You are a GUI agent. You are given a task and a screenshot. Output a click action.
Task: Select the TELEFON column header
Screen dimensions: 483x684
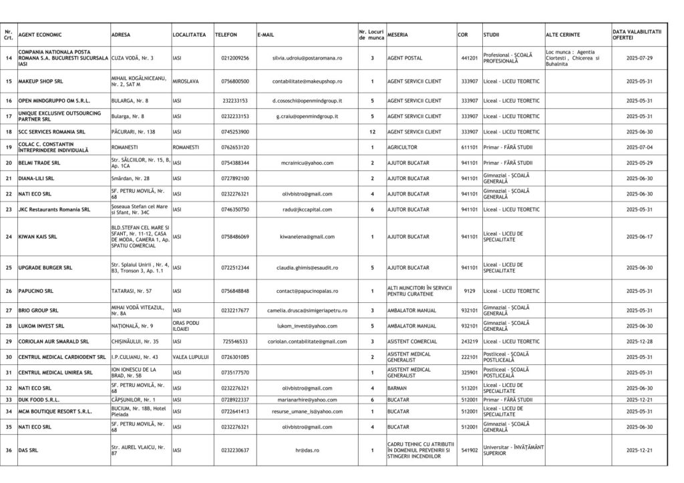pyautogui.click(x=226, y=34)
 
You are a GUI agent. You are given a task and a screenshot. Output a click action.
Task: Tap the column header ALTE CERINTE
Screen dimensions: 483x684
pyautogui.click(x=562, y=34)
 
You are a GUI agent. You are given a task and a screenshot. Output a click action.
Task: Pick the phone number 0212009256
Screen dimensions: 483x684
pyautogui.click(x=235, y=58)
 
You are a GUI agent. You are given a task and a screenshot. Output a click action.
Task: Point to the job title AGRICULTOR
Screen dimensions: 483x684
pyautogui.click(x=402, y=147)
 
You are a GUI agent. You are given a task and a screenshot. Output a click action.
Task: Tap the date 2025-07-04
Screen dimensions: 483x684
pyautogui.click(x=639, y=147)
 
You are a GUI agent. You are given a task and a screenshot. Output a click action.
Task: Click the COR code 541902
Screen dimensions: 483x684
pyautogui.click(x=469, y=450)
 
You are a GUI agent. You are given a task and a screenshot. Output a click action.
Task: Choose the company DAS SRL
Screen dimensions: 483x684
pyautogui.click(x=28, y=450)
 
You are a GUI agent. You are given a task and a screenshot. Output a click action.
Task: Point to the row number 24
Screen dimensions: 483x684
pyautogui.click(x=9, y=237)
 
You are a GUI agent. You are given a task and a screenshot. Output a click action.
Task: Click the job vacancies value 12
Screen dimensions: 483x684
pyautogui.click(x=372, y=132)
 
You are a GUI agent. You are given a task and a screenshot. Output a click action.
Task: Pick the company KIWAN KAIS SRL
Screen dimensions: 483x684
pyautogui.click(x=38, y=237)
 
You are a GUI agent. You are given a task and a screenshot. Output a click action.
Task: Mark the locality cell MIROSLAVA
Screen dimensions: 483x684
pyautogui.click(x=185, y=81)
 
